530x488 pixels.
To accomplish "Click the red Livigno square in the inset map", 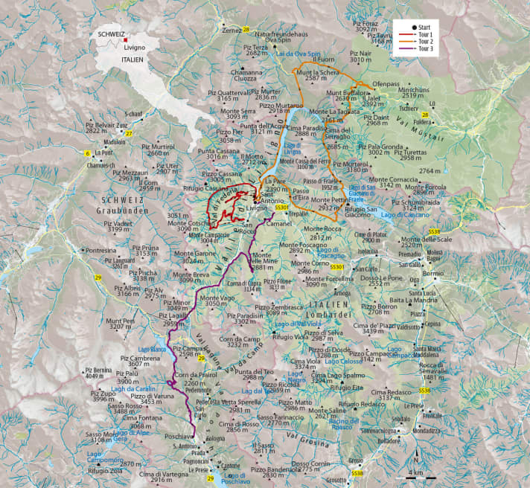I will pyautogui.click(x=127, y=39).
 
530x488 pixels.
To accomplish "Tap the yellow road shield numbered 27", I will pyautogui.click(x=129, y=134).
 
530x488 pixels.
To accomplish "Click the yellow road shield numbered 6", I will pyautogui.click(x=88, y=153).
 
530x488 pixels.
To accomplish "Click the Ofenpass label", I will pyautogui.click(x=387, y=85).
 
